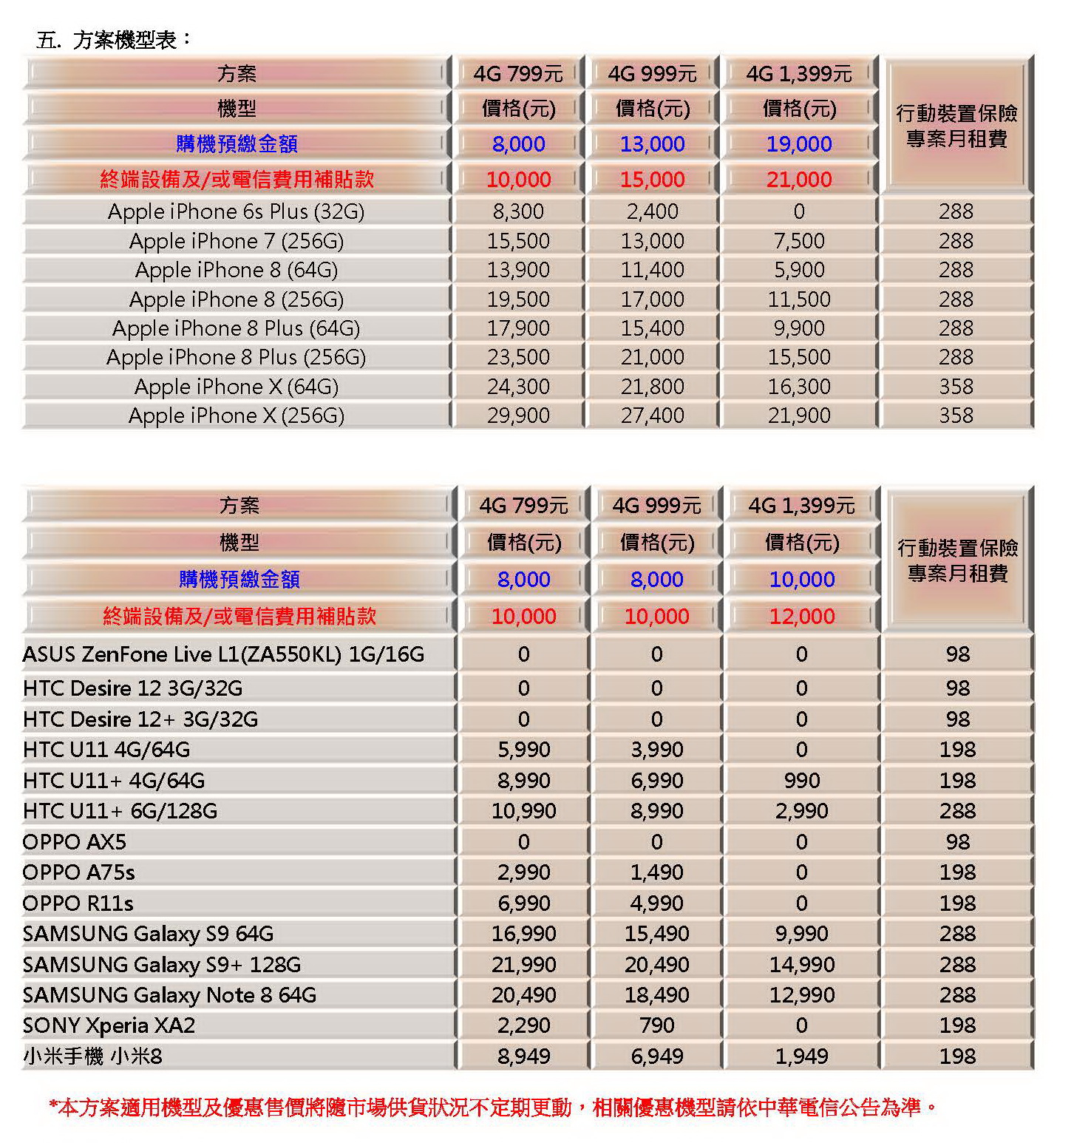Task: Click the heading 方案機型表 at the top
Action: click(x=125, y=40)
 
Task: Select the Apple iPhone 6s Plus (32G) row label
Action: click(x=237, y=211)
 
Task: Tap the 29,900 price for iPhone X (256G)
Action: click(x=518, y=416)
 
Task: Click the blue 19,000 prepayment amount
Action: click(x=799, y=144)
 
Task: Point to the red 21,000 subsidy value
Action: click(x=799, y=179)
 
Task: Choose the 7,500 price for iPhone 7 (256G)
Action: click(x=799, y=240)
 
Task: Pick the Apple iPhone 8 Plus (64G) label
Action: click(x=237, y=328)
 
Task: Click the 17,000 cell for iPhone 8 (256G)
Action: click(x=653, y=299)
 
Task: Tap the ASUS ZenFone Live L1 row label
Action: click(x=223, y=654)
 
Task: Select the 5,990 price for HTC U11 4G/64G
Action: click(x=524, y=750)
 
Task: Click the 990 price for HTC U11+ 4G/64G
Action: click(x=802, y=781)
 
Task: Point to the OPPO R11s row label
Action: click(x=78, y=903)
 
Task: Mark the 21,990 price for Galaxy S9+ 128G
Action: click(x=524, y=965)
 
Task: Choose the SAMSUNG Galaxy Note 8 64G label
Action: click(x=169, y=995)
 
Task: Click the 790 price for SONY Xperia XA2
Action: click(x=657, y=1025)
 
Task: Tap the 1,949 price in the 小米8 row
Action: click(x=802, y=1056)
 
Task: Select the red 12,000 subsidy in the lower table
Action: click(x=802, y=616)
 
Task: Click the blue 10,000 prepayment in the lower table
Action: click(x=802, y=579)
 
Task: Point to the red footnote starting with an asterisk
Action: click(x=493, y=1108)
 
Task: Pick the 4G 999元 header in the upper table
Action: click(x=653, y=74)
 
